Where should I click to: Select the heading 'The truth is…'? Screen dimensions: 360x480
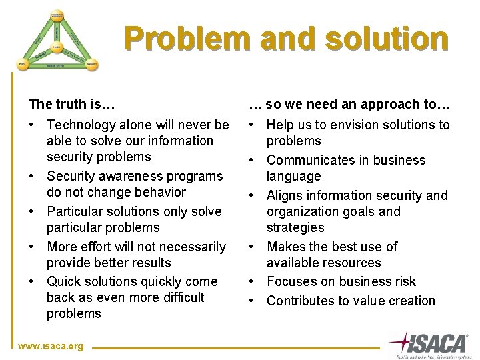click(71, 104)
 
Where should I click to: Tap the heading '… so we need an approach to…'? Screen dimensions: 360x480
click(349, 104)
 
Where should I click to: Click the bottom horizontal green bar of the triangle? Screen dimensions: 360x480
click(57, 65)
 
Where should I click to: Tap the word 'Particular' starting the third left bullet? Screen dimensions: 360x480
click(75, 211)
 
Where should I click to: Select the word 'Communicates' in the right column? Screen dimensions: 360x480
click(308, 160)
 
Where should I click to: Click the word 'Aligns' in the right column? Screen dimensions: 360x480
click(286, 195)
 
